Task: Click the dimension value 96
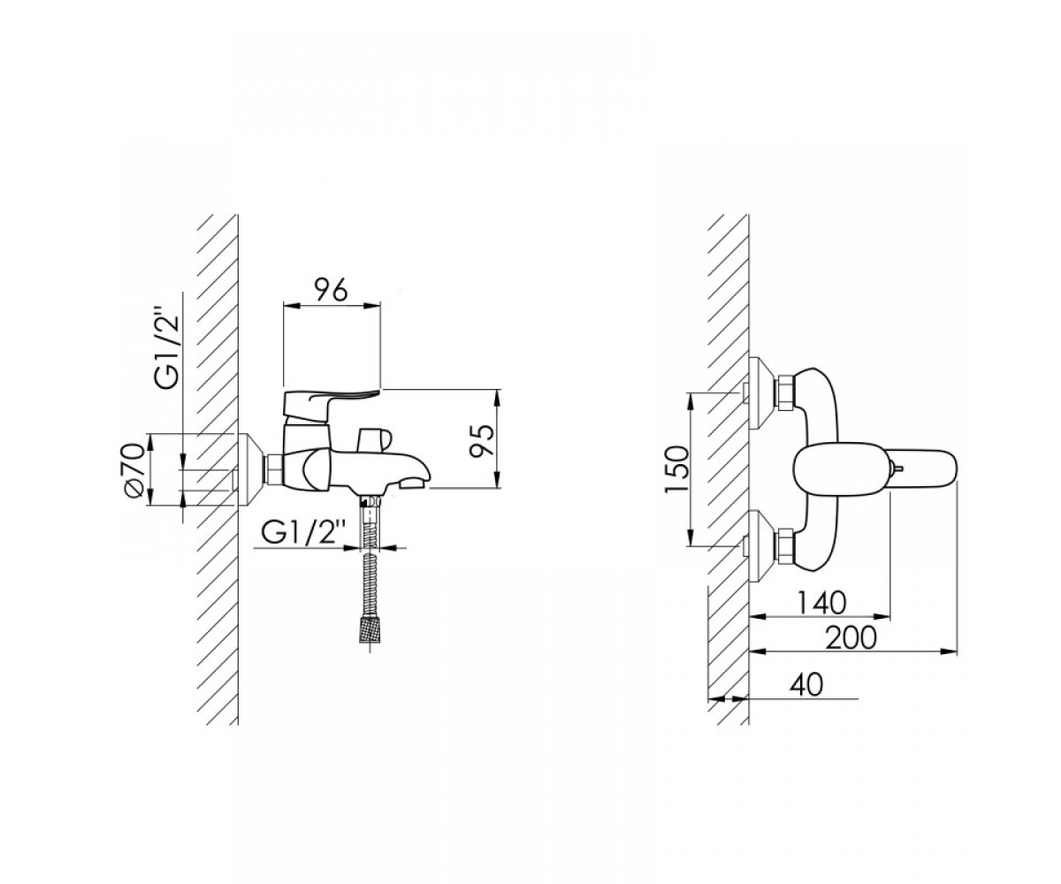331,290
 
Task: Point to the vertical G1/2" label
168,352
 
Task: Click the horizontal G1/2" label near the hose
304,533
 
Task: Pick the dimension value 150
676,469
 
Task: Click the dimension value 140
821,604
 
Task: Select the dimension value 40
805,685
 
